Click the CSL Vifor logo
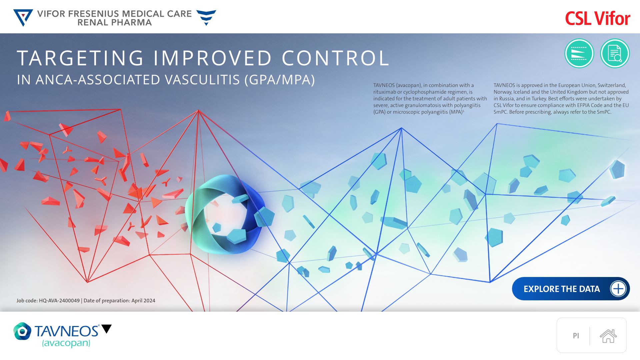click(598, 18)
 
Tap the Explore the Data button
click(571, 289)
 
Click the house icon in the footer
click(608, 336)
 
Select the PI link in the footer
click(576, 336)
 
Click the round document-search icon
click(615, 53)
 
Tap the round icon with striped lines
click(579, 53)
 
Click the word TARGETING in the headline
click(80, 58)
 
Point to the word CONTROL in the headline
click(336, 58)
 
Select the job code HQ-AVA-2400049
click(59, 301)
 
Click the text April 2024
click(143, 301)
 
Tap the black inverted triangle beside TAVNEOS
click(107, 329)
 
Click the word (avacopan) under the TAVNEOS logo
click(66, 343)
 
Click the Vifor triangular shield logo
click(23, 18)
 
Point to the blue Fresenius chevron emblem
click(206, 18)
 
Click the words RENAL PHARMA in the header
click(115, 23)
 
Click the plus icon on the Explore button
click(618, 289)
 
